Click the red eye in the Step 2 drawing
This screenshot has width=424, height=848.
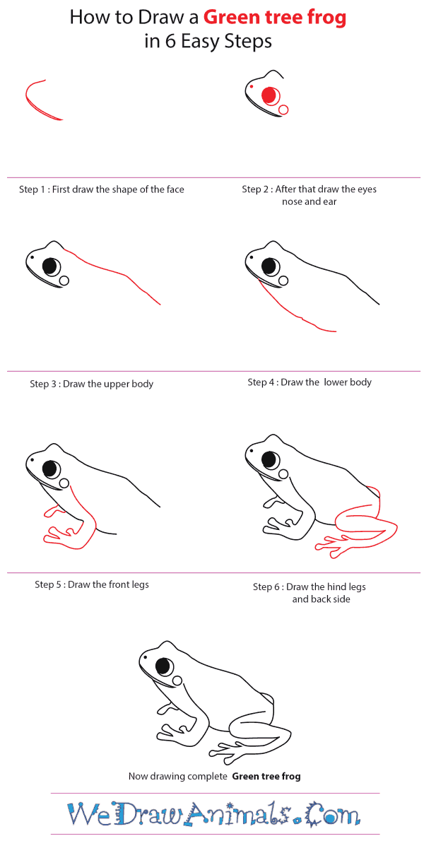point(269,95)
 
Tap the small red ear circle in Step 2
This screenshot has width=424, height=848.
point(284,110)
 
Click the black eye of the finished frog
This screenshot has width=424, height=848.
point(164,666)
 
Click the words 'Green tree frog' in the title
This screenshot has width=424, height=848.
point(275,17)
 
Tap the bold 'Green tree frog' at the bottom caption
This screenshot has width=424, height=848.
point(266,776)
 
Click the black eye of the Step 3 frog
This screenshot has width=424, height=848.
point(50,266)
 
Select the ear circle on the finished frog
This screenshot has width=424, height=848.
point(177,680)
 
